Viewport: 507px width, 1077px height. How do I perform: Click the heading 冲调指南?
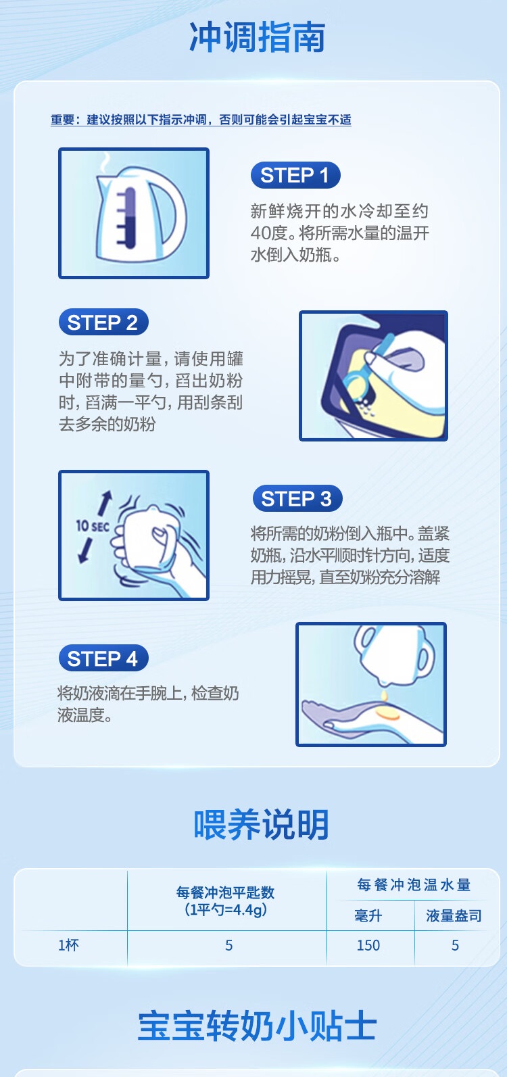click(x=257, y=37)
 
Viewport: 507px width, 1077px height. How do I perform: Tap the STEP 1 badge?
click(x=295, y=175)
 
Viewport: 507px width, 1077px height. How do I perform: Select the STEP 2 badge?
click(x=103, y=322)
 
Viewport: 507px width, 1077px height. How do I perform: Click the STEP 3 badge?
click(x=297, y=498)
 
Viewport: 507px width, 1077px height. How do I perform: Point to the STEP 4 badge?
click(x=103, y=659)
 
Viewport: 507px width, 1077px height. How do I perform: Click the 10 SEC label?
click(x=92, y=526)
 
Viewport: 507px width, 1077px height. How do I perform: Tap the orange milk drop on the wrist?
click(x=387, y=713)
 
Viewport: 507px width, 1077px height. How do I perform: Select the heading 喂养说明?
click(x=261, y=825)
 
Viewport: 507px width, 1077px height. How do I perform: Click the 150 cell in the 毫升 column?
click(x=368, y=944)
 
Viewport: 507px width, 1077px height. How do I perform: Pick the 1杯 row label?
click(x=68, y=944)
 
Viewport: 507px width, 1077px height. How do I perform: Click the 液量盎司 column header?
click(x=454, y=915)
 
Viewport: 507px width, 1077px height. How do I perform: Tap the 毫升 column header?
click(x=368, y=915)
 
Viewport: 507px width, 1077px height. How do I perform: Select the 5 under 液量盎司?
click(x=455, y=945)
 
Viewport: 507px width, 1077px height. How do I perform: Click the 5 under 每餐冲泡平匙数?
click(x=228, y=945)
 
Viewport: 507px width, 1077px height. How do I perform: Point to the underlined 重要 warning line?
click(x=201, y=120)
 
